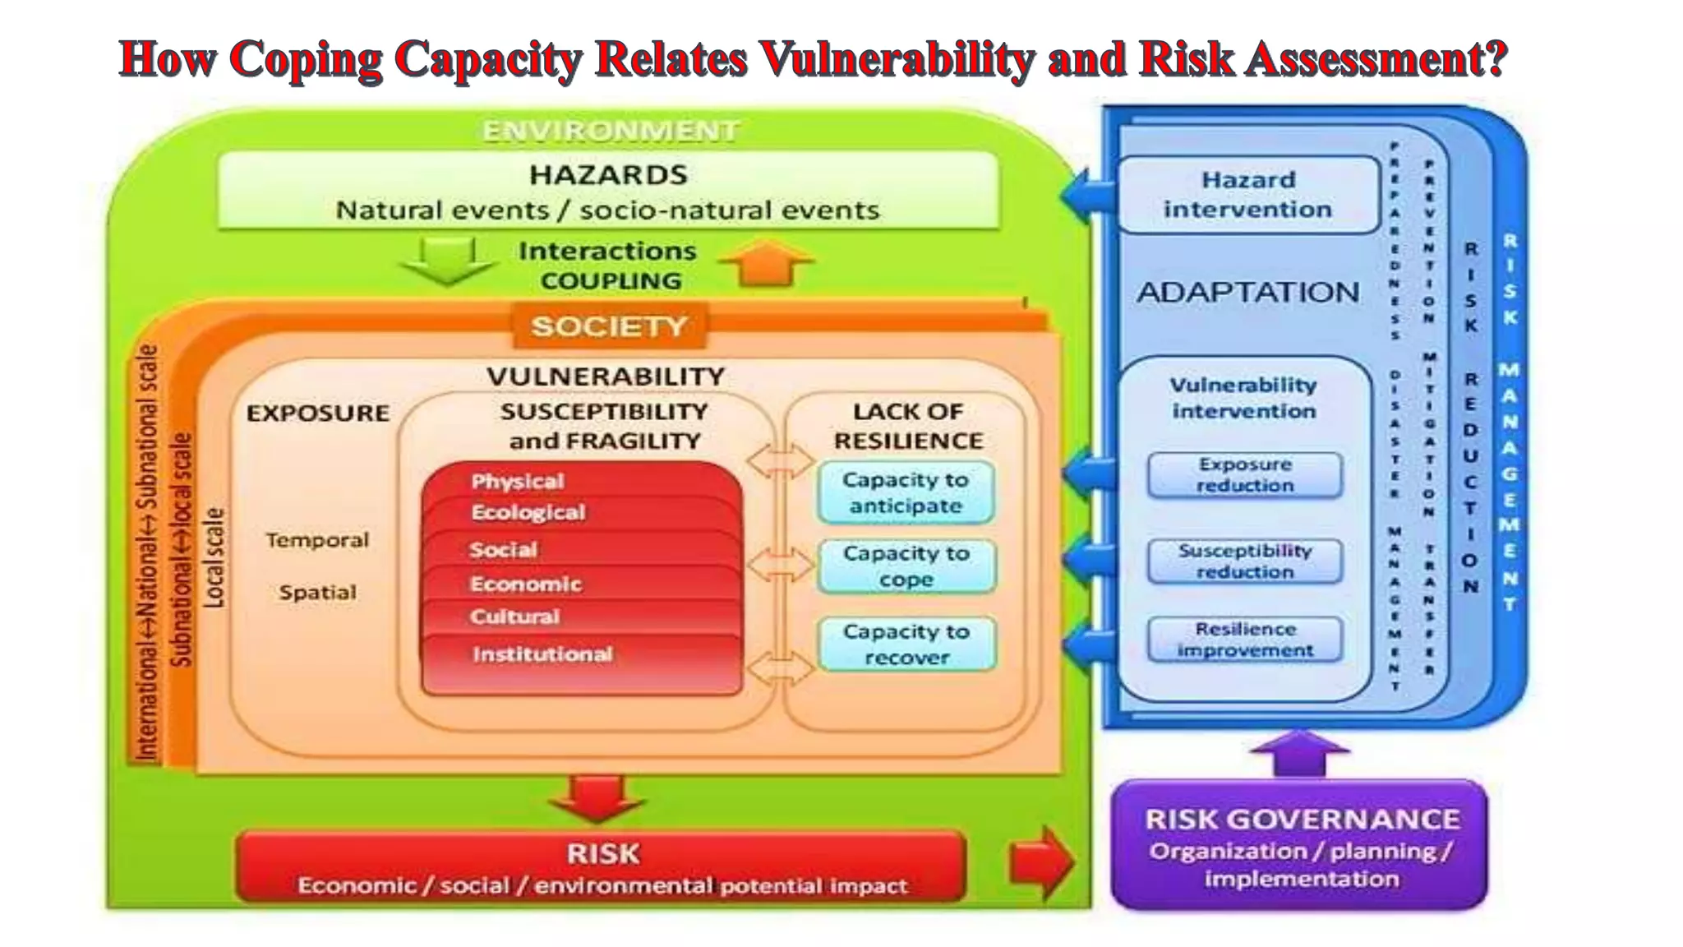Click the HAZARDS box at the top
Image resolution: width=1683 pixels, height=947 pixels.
pos(608,192)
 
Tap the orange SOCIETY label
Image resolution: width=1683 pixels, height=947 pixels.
pos(609,326)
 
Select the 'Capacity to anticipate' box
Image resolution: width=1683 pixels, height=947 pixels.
pos(906,492)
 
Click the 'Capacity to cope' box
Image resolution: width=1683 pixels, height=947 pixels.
pos(906,566)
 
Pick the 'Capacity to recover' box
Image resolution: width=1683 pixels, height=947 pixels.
pos(906,644)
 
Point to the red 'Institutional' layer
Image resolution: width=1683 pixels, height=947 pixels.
pos(542,655)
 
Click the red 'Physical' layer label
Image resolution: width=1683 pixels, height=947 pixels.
pos(518,482)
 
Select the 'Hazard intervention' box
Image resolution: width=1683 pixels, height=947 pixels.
pos(1247,195)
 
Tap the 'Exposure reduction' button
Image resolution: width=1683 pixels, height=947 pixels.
pos(1245,475)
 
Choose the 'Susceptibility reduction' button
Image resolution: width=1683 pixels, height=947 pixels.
pos(1245,561)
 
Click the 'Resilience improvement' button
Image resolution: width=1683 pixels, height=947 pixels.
pos(1245,640)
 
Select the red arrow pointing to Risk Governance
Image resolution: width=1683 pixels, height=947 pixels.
pos(1041,862)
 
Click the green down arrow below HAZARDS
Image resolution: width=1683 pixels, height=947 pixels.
pos(448,260)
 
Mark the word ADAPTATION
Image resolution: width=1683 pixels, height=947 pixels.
pos(1247,293)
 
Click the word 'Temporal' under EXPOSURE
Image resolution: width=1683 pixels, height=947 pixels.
pos(317,541)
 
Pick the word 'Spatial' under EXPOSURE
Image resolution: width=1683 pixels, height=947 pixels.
pos(317,593)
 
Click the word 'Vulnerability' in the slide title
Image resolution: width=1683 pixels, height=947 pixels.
pos(896,59)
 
